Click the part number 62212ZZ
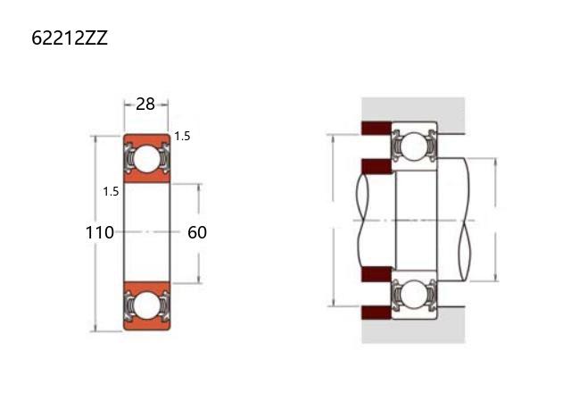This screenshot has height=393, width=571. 70,38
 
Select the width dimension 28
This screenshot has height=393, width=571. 145,105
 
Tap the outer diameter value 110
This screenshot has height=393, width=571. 99,232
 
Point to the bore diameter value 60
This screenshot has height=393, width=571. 197,232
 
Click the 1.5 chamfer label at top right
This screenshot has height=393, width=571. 182,137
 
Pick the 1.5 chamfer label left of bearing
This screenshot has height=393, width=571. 111,191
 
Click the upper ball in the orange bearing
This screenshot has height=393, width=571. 146,159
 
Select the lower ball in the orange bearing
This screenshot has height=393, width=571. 146,305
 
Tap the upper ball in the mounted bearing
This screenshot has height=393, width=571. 415,146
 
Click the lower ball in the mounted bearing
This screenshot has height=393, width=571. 415,295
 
